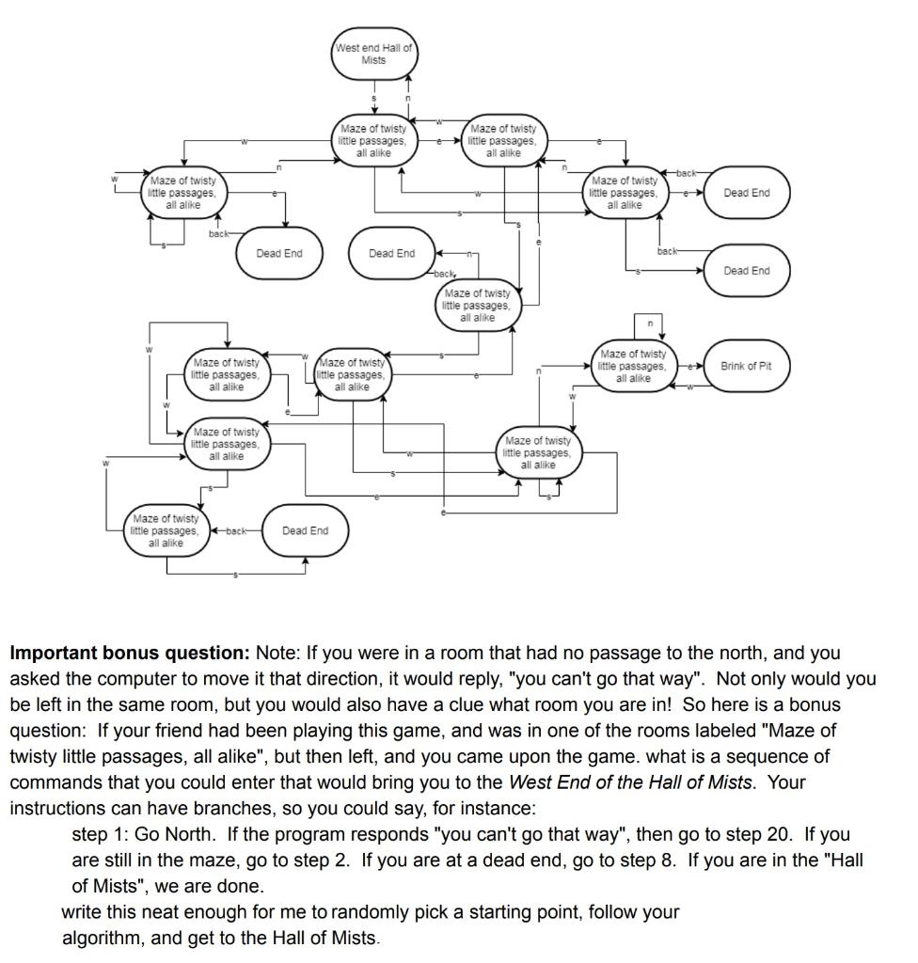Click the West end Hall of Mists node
(373, 54)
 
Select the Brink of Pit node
(746, 366)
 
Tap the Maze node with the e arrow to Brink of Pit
(633, 366)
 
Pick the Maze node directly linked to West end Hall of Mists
(373, 140)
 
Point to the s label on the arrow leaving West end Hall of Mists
(373, 97)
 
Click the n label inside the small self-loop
(649, 324)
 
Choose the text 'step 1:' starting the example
(100, 834)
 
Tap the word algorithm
(103, 938)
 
